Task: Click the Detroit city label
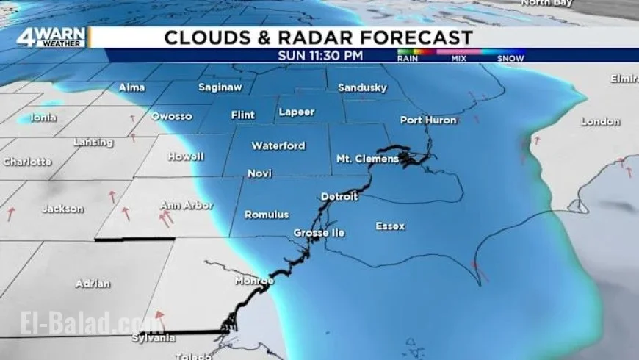click(339, 197)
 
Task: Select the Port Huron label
click(428, 120)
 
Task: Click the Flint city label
click(242, 115)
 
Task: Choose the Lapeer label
click(297, 112)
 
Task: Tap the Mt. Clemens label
click(367, 159)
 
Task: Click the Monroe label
click(254, 281)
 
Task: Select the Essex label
click(390, 226)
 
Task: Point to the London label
click(600, 122)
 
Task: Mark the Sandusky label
click(362, 88)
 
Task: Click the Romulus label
click(267, 215)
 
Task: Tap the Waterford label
click(278, 146)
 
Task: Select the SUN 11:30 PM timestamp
click(321, 55)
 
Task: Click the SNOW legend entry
click(510, 57)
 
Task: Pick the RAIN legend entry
click(408, 57)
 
